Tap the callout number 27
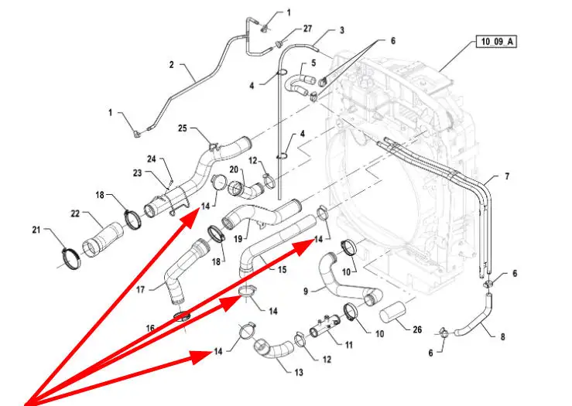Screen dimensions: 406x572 pos(307,29)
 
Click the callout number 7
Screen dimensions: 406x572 pos(508,177)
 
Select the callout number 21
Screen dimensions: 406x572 pos(36,230)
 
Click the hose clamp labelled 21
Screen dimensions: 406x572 pos(70,257)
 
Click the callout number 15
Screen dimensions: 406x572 pos(283,270)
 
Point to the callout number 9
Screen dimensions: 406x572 pos(305,291)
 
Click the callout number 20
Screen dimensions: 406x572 pos(233,169)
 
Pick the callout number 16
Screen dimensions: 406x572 pos(150,329)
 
